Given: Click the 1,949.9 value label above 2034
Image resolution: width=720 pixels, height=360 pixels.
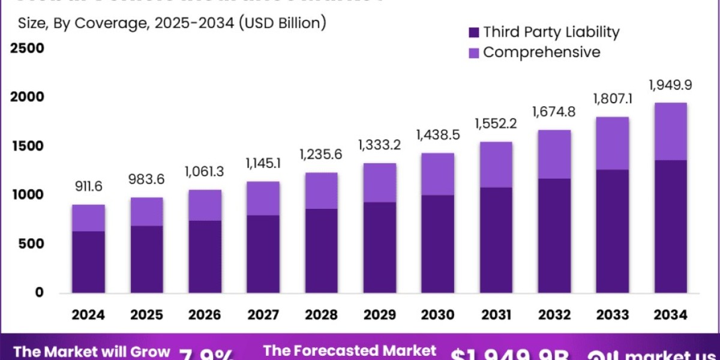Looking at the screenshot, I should [670, 85].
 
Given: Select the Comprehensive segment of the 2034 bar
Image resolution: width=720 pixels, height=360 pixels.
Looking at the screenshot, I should [670, 131].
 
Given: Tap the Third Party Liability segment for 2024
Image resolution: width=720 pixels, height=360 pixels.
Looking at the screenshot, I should [89, 262].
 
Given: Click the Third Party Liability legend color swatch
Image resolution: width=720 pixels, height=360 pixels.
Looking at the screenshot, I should [473, 32].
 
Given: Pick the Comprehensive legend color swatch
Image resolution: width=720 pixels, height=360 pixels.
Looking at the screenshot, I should [473, 53].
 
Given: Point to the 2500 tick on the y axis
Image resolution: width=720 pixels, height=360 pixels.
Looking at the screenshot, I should [26, 48].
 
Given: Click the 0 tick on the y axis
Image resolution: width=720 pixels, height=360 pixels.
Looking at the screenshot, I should [39, 292].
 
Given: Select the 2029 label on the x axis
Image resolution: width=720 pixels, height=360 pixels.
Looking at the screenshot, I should [379, 315].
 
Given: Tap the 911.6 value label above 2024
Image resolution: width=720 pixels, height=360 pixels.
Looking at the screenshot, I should [89, 187].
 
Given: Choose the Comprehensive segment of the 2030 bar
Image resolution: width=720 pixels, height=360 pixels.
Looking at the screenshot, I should [437, 174].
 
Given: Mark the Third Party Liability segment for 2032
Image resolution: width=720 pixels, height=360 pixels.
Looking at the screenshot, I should [554, 236].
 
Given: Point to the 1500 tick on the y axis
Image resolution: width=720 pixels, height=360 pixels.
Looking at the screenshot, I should [26, 146].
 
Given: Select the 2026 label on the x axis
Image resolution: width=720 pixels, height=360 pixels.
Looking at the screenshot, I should [205, 315].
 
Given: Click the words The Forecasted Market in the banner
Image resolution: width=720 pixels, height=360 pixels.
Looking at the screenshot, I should [349, 350].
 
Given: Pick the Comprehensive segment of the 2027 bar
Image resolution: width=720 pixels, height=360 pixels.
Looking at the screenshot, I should [263, 198].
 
